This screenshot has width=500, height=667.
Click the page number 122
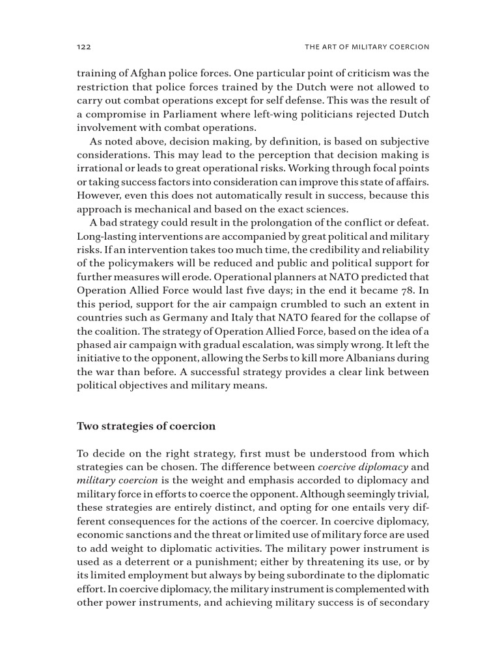(83, 48)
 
